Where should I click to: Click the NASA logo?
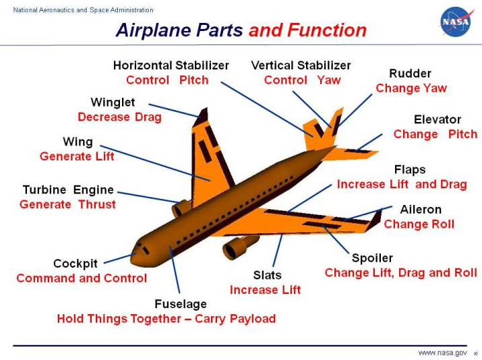[x=456, y=22]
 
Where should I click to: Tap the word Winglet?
[x=113, y=102]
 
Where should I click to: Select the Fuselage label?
[x=181, y=304]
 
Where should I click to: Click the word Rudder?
[x=410, y=73]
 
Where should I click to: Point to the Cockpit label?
[x=76, y=264]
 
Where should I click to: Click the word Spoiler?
[x=372, y=258]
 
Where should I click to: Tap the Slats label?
[x=267, y=275]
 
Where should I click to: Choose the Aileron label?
[x=421, y=210]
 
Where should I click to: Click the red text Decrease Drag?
[x=119, y=117]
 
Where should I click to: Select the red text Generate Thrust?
[x=67, y=204]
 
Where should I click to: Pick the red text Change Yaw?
[x=411, y=88]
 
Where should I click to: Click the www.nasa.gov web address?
[x=442, y=353]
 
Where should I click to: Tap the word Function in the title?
[x=327, y=30]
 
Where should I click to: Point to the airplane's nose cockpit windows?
[x=142, y=248]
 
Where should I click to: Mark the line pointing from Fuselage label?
[x=175, y=269]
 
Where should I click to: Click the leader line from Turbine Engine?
[x=148, y=198]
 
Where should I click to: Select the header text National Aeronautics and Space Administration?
[x=83, y=10]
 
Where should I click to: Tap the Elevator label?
[x=437, y=119]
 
